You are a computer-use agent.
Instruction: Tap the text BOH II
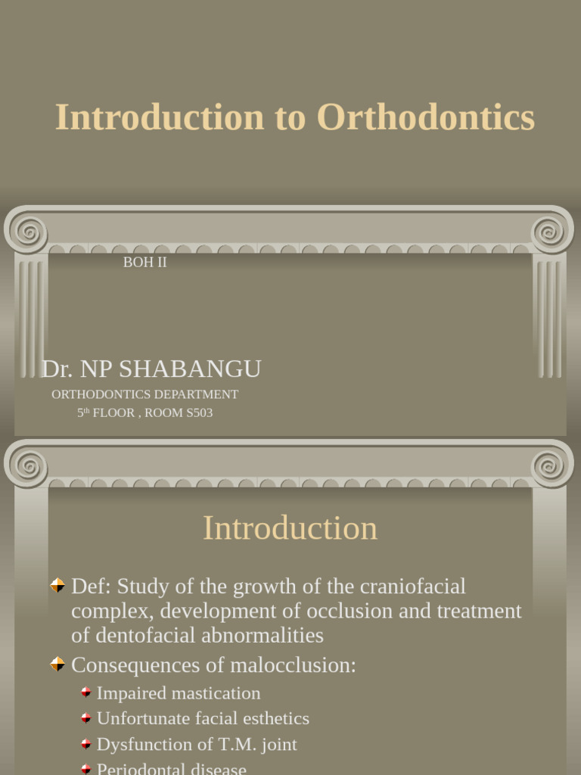144,263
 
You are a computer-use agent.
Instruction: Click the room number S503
195,413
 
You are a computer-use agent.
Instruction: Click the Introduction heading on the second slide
290,528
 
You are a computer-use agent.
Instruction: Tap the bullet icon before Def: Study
57,585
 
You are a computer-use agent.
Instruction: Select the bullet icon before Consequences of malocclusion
57,664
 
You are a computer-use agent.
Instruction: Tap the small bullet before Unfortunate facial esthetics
86,718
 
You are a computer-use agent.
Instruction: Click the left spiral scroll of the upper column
28,230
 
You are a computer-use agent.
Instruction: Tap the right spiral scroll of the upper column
551,230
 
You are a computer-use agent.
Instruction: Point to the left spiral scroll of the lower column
28,465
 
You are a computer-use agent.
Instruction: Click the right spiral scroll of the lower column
551,465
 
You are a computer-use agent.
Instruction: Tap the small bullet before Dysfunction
86,744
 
